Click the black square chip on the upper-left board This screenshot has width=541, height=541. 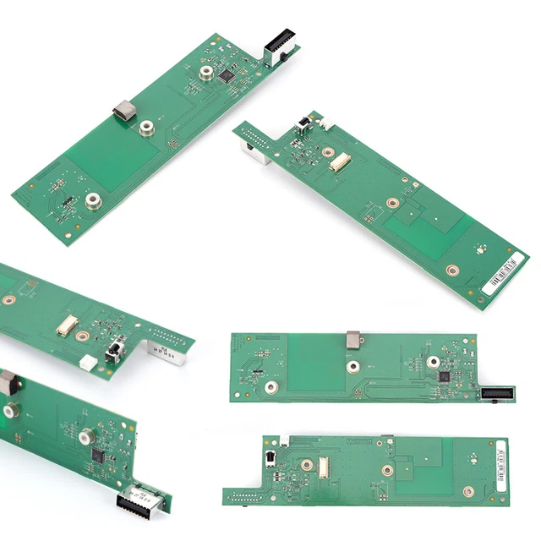pyautogui.click(x=227, y=76)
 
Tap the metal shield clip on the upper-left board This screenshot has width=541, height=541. pyautogui.click(x=125, y=110)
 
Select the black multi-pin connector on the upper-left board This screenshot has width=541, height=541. pyautogui.click(x=279, y=43)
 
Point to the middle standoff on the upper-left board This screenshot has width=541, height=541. pyautogui.click(x=147, y=128)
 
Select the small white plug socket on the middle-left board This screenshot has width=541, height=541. pyautogui.click(x=87, y=363)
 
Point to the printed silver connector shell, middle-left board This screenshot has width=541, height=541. pyautogui.click(x=166, y=347)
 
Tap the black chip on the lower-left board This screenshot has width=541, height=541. pyautogui.click(x=97, y=456)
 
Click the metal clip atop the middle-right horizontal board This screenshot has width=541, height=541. pyautogui.click(x=354, y=340)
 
